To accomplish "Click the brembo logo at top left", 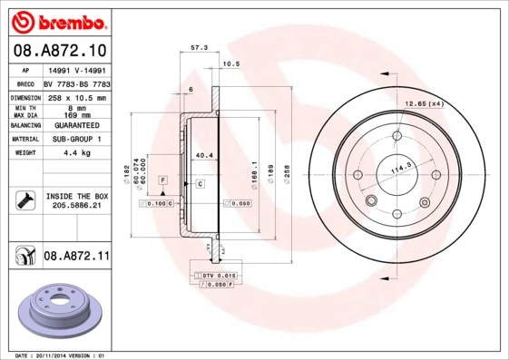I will (56, 20).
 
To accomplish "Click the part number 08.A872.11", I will (76, 258).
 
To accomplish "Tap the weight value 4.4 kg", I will (76, 153).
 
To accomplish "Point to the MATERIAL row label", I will (24, 139).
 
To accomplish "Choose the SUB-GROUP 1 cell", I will (76, 139).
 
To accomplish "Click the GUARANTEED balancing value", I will (76, 125).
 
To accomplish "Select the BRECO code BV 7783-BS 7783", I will (76, 83).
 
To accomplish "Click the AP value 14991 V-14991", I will (76, 70).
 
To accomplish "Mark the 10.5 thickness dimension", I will (231, 63).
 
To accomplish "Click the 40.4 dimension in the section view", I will (204, 155).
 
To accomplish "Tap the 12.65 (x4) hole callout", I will (424, 103).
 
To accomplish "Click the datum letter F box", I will (162, 181).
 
